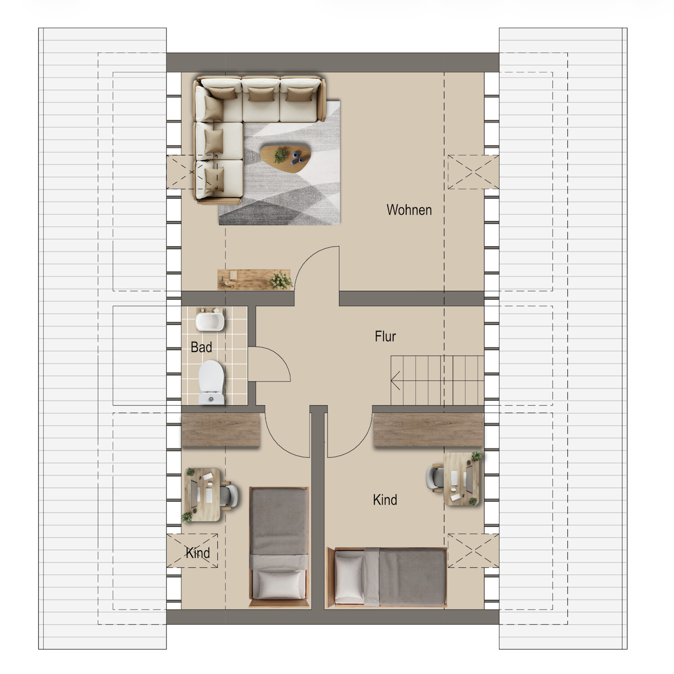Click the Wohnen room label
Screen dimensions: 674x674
[x=409, y=210]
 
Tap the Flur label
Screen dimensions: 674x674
[x=385, y=336]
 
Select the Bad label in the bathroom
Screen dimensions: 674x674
[x=201, y=347]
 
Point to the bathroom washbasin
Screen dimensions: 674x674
[x=210, y=319]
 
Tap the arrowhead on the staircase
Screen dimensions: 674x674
[x=395, y=381]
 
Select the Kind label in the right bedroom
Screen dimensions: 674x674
[x=385, y=499]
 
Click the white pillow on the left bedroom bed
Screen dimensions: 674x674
[x=279, y=584]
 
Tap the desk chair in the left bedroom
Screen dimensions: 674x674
[x=229, y=494]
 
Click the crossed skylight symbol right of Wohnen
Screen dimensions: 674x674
[x=473, y=172]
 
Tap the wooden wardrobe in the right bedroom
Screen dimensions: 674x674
[x=429, y=430]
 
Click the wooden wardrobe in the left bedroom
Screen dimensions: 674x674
[x=221, y=430]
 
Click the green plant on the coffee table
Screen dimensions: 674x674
[x=280, y=155]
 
